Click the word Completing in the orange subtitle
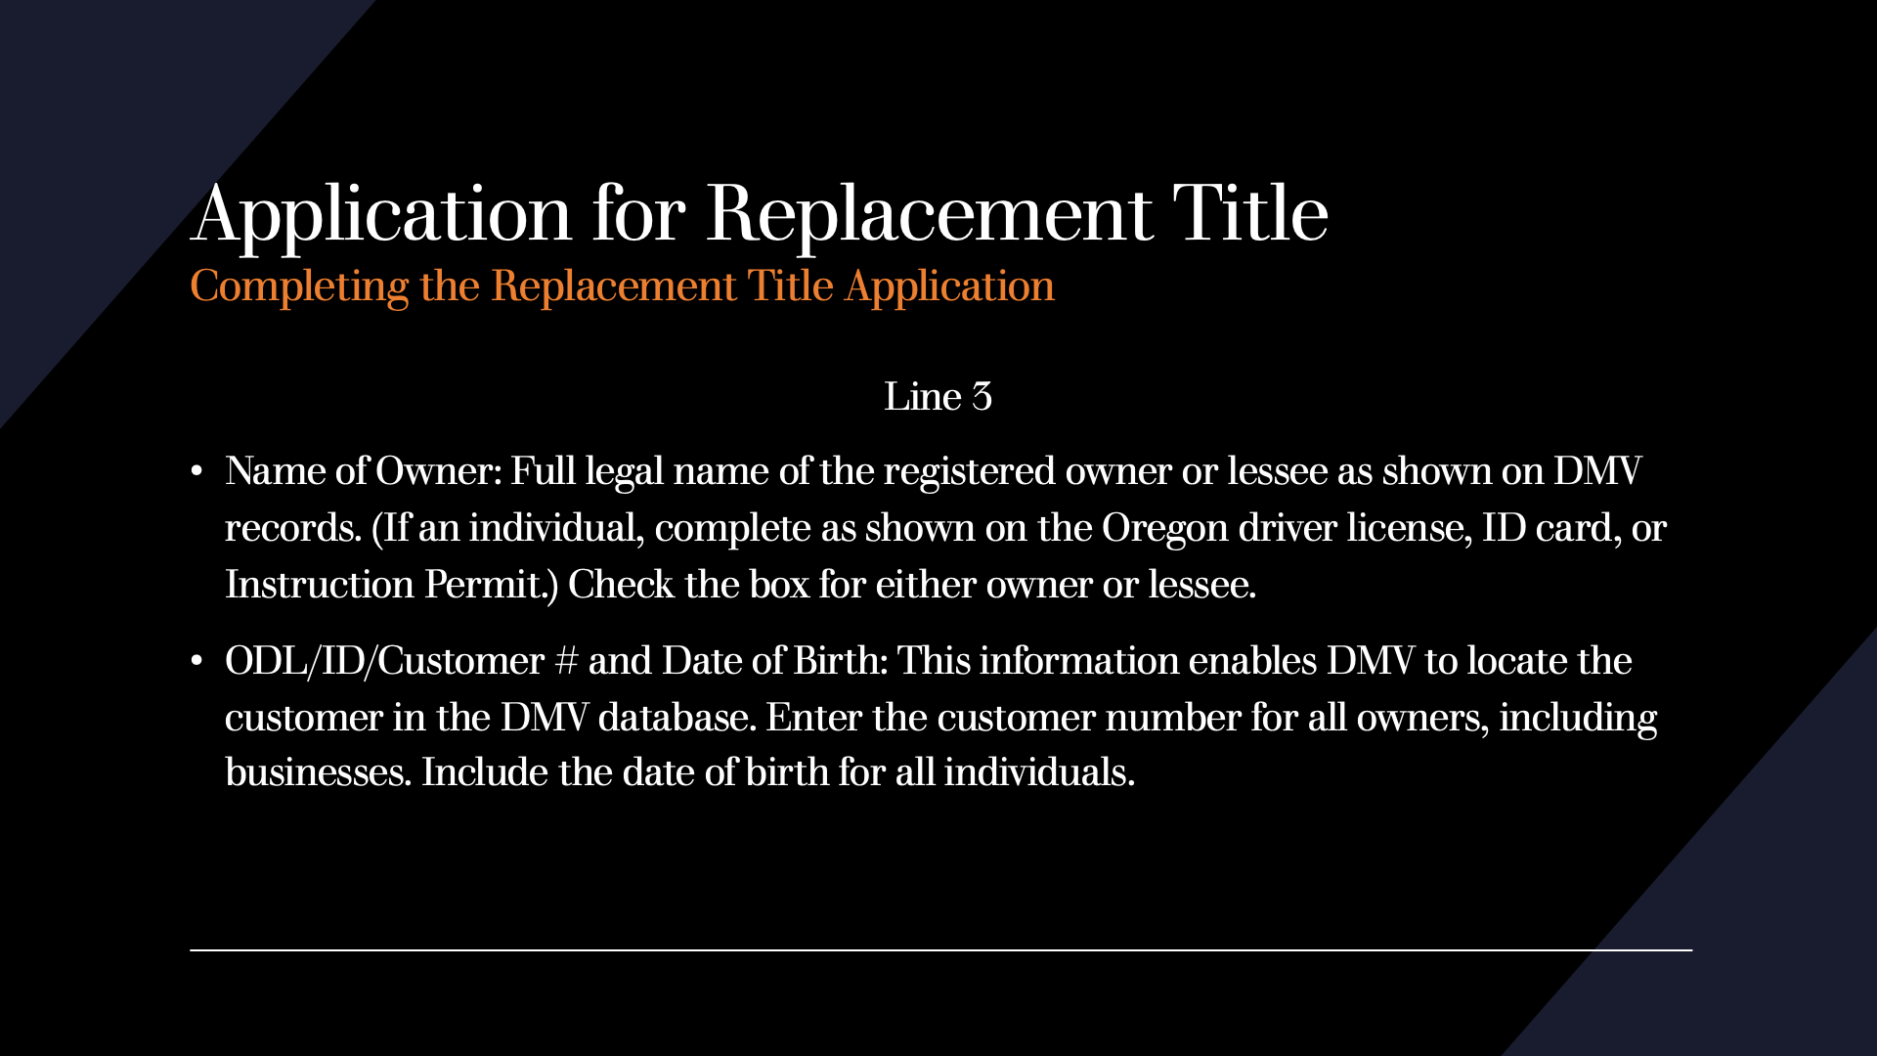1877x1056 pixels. [x=299, y=287]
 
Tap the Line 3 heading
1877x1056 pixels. [x=938, y=397]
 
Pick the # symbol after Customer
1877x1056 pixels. [x=566, y=662]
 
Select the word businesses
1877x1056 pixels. [x=318, y=772]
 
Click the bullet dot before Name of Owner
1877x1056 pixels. [x=196, y=472]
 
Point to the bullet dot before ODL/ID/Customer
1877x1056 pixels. [x=196, y=662]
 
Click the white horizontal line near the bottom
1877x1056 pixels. [x=940, y=949]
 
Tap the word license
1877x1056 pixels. [x=1410, y=528]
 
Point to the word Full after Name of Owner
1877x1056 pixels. [x=543, y=471]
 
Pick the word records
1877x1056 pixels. [x=293, y=528]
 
